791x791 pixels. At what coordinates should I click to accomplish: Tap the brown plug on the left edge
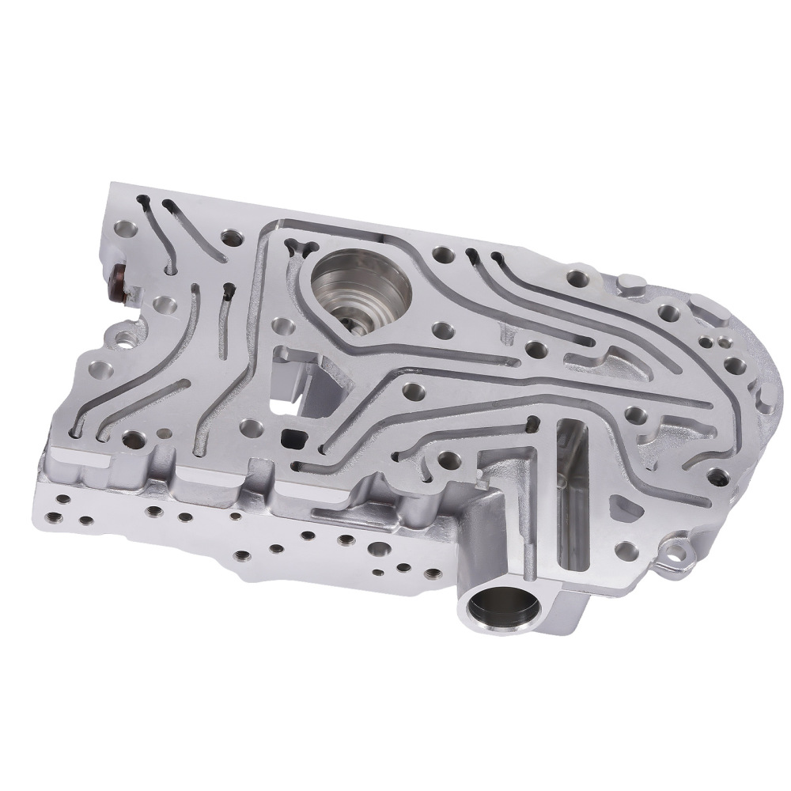117,282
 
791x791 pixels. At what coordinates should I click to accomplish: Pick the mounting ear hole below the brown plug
125,340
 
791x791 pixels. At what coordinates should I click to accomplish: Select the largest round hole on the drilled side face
346,541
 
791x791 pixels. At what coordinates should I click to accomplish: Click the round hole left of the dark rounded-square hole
252,428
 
